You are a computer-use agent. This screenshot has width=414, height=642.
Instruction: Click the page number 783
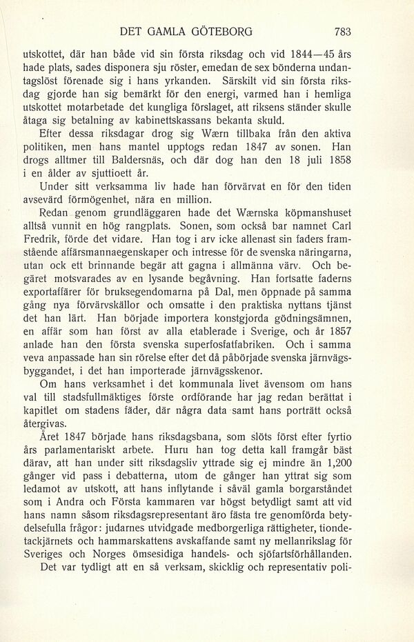[342, 31]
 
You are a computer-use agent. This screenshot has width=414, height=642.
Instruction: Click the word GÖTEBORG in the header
[218, 31]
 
